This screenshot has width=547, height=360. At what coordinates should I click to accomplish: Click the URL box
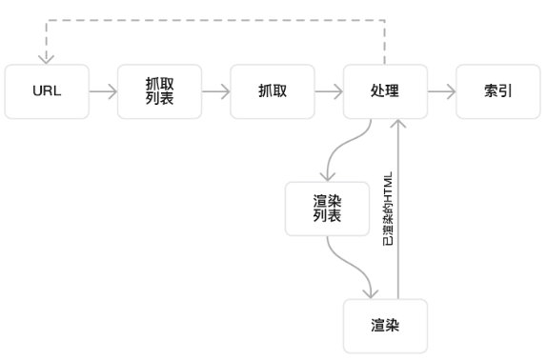[x=47, y=91]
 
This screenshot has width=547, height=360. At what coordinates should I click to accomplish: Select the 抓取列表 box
[x=159, y=91]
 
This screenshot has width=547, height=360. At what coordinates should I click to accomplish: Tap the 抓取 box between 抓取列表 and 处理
[x=273, y=91]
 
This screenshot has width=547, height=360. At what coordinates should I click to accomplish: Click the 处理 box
[x=385, y=91]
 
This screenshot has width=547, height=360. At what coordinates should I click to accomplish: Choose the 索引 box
[x=496, y=91]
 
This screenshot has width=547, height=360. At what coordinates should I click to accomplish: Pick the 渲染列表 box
[x=327, y=210]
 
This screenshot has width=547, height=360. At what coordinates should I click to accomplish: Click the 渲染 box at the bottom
[x=385, y=326]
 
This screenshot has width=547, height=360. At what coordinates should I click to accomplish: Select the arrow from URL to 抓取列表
[x=103, y=91]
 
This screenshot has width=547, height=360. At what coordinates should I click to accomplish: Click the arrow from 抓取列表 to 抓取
[x=216, y=91]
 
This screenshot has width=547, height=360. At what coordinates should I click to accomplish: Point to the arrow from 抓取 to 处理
[x=329, y=91]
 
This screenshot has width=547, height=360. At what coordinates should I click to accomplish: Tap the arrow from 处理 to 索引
[x=441, y=91]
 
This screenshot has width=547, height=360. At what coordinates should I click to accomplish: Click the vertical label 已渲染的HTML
[x=388, y=211]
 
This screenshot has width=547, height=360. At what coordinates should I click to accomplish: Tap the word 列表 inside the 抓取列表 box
[x=159, y=98]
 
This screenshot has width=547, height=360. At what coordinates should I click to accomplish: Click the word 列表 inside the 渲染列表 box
[x=327, y=217]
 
